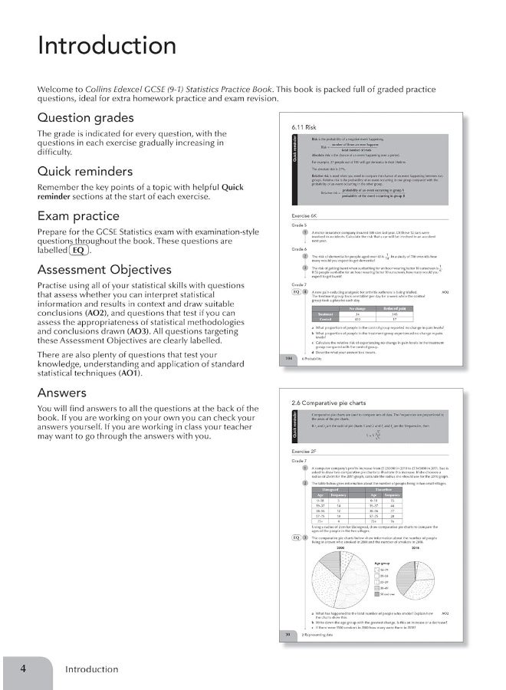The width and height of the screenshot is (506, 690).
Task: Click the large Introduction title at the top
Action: [107, 45]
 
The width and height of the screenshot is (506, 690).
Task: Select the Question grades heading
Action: [85, 118]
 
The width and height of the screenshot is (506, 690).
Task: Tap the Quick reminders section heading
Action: [85, 171]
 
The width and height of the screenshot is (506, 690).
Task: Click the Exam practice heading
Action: [78, 216]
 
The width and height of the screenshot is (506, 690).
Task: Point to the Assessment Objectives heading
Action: [104, 270]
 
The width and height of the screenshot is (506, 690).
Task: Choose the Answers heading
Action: [64, 393]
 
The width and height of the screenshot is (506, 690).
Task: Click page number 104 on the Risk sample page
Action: [289, 357]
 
